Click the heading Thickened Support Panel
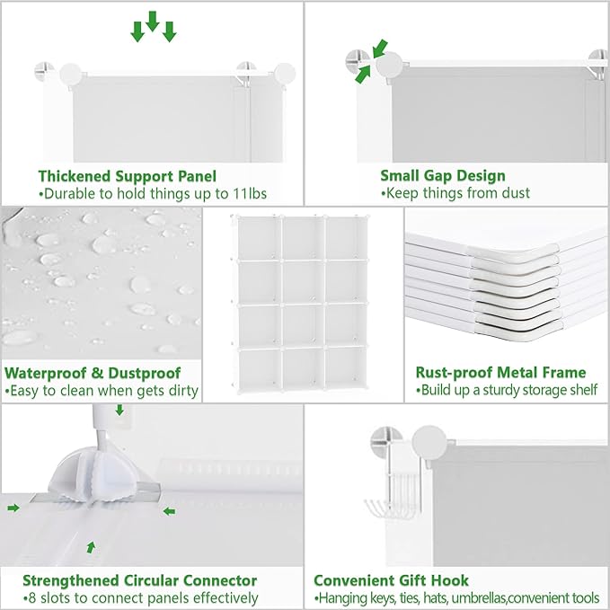click(127, 176)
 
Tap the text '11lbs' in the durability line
click(249, 193)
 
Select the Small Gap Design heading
click(442, 176)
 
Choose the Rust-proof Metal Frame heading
click(500, 373)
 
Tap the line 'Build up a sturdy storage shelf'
click(505, 391)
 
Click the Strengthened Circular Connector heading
click(139, 580)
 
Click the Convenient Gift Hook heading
click(391, 580)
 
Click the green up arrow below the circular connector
click(90, 546)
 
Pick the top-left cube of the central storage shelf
click(255, 237)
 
